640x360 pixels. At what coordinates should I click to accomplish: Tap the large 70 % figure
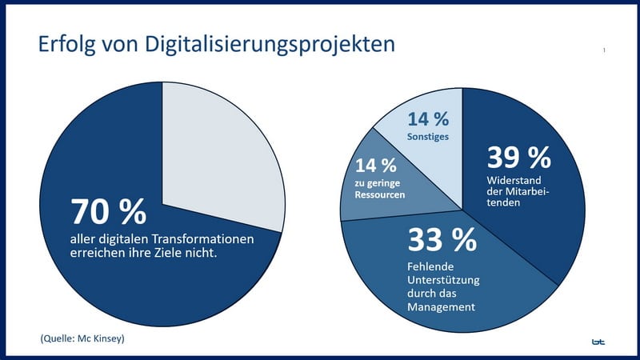(x=108, y=212)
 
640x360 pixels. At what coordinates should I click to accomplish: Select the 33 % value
(x=442, y=238)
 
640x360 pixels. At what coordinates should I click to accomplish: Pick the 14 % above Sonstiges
(x=428, y=119)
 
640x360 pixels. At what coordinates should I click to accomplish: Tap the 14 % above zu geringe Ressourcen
(x=375, y=166)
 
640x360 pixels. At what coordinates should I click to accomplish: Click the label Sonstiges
(x=428, y=137)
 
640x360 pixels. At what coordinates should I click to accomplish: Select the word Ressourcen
(x=378, y=194)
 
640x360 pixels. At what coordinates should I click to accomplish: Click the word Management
(x=442, y=306)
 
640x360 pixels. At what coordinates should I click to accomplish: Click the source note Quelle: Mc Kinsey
(x=82, y=339)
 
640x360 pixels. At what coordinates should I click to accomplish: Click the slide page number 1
(x=604, y=51)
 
